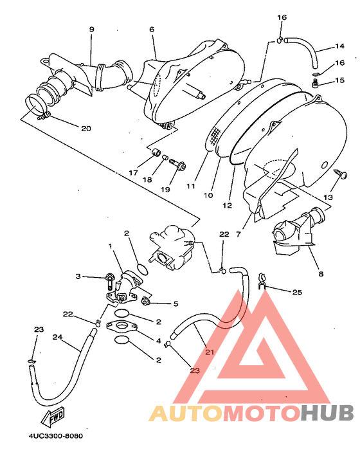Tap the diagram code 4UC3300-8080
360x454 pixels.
point(55,436)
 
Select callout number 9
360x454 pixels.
point(92,29)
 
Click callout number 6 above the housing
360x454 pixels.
point(152,29)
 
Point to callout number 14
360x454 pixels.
point(339,46)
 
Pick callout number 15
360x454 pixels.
point(339,80)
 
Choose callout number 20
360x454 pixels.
point(86,128)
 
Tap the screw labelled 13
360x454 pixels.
point(341,174)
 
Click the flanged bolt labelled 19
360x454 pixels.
point(177,164)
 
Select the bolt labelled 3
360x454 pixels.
point(110,280)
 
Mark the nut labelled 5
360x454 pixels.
point(145,302)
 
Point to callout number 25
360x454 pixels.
point(297,292)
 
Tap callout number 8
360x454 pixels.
point(321,273)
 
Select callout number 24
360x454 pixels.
point(57,337)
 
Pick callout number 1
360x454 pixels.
point(111,246)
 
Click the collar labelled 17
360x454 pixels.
point(157,152)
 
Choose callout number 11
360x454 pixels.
point(191,186)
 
